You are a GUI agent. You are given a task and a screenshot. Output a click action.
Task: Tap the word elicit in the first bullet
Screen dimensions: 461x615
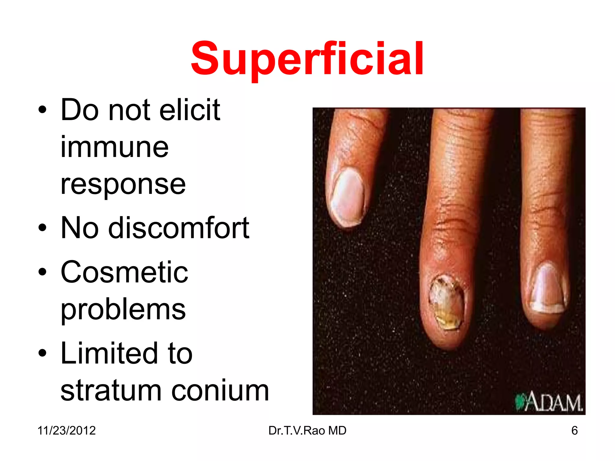[190, 110]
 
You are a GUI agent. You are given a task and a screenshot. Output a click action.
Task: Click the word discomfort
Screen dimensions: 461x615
[179, 228]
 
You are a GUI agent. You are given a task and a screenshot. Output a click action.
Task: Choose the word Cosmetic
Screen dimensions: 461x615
[124, 272]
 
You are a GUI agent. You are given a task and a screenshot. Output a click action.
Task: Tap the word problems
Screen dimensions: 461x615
[123, 309]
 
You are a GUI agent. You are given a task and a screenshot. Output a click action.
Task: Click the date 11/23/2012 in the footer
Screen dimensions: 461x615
[66, 430]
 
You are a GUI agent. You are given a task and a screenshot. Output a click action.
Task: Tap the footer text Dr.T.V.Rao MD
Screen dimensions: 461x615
[307, 430]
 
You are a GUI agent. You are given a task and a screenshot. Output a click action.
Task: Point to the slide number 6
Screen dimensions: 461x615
[574, 430]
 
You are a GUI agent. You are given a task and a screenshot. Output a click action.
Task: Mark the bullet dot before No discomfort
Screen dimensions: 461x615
[42, 228]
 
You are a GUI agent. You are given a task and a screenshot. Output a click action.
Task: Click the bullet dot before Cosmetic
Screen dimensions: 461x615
[42, 272]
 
